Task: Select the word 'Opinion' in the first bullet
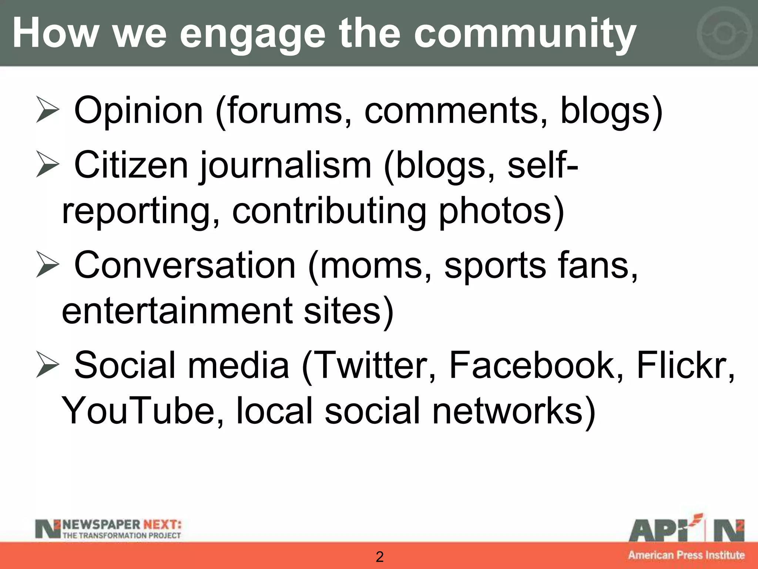pos(138,110)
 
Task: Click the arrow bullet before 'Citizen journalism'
pos(47,165)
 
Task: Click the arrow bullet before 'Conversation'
pos(47,265)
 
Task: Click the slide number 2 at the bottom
pos(379,557)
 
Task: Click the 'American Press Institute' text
pos(686,555)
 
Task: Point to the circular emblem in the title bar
pos(724,33)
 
